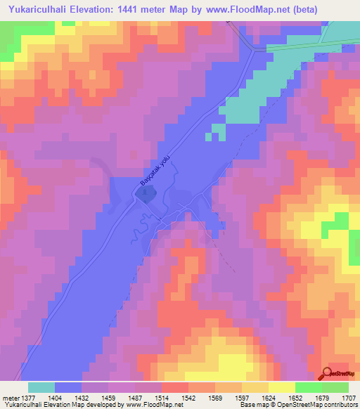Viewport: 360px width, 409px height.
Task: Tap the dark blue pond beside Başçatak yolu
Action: tap(144, 196)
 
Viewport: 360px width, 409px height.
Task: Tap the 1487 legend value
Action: tap(134, 398)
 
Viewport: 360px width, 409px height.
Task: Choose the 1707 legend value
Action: tap(348, 398)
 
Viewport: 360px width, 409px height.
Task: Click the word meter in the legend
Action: tap(8, 398)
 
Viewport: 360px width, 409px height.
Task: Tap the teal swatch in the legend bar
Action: tap(41, 387)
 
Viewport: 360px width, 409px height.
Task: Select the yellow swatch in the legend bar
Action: tap(281, 387)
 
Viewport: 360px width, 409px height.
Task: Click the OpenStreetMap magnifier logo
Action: tap(328, 372)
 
